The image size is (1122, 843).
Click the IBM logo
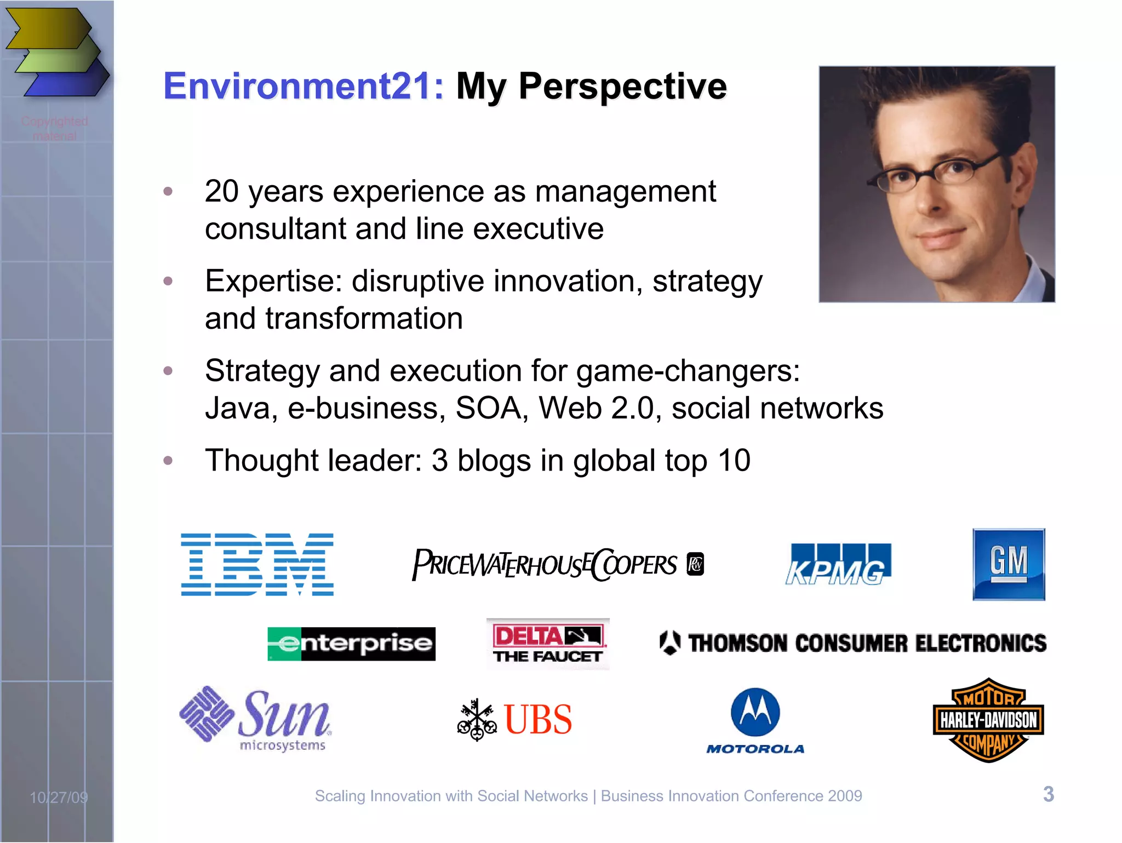click(x=257, y=564)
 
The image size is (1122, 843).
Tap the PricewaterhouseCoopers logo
click(x=557, y=565)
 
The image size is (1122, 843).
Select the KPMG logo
click(x=838, y=565)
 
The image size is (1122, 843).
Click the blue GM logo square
click(x=1009, y=564)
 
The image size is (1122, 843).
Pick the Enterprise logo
click(x=351, y=644)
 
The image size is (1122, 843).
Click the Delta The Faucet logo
click(x=547, y=644)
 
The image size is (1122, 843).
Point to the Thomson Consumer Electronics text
click(x=867, y=643)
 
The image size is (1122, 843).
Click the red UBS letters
click(x=538, y=719)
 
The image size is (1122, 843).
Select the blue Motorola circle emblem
click(x=755, y=712)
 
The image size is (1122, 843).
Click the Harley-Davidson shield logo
click(x=988, y=720)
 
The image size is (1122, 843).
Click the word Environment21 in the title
click(x=304, y=87)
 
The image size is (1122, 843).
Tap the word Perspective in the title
click(x=622, y=87)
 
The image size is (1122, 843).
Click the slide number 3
click(x=1048, y=794)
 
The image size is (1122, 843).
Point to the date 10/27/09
click(x=59, y=797)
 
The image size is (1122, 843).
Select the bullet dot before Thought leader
click(x=168, y=460)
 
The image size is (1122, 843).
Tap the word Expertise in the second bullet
click(x=273, y=282)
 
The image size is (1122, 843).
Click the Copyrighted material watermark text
click(x=55, y=128)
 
